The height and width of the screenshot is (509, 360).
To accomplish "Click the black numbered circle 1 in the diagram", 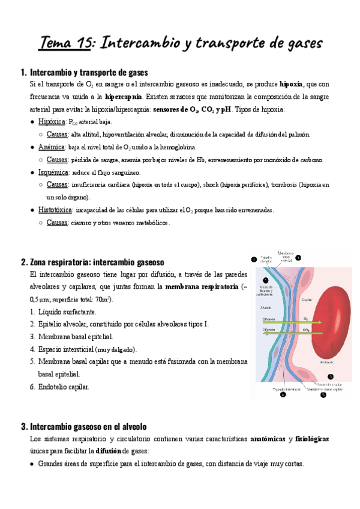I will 257,279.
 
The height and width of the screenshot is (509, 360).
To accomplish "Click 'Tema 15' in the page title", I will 66,43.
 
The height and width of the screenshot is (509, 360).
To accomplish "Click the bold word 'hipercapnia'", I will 123,97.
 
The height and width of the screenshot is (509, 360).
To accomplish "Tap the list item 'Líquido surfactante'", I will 67,312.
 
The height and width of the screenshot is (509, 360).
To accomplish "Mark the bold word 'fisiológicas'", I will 312,439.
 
